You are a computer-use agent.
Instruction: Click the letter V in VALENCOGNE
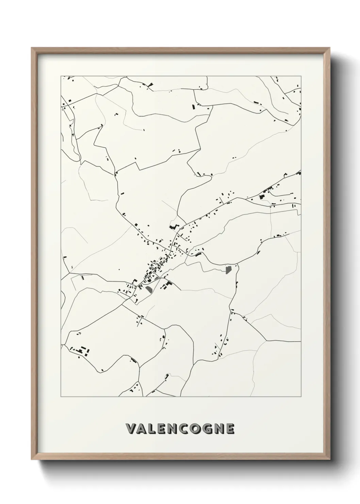[x=131, y=429]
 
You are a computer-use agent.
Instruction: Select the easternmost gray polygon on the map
[x=228, y=270]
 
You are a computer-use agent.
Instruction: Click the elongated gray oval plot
[x=149, y=289]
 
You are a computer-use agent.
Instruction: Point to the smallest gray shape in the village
[x=157, y=278]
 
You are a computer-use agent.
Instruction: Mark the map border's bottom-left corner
[x=61, y=397]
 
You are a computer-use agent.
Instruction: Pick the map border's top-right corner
[x=301, y=76]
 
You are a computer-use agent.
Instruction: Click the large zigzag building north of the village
[x=174, y=227]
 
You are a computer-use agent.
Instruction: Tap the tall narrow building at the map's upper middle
[x=194, y=107]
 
